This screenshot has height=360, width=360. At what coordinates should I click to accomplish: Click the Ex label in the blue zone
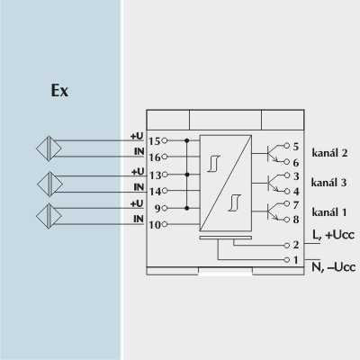point(59,91)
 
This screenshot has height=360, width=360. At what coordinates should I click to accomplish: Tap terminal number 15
point(155,141)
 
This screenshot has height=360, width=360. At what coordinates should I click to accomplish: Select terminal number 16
point(155,157)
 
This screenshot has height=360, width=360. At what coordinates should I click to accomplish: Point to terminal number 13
point(156,175)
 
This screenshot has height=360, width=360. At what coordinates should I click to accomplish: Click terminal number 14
point(156,192)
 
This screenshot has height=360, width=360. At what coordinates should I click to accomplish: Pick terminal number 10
point(155,225)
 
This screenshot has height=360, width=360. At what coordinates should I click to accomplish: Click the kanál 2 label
point(329,153)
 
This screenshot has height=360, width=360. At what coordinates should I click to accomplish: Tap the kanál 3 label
point(328,182)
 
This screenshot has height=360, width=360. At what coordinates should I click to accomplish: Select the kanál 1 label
point(329,212)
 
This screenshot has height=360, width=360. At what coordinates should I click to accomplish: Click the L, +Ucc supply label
point(333,234)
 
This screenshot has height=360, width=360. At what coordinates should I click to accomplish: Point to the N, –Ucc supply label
point(334,266)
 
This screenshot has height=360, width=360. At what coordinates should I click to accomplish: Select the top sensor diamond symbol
point(49,148)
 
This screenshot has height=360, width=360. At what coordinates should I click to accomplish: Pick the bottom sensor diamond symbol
point(49,216)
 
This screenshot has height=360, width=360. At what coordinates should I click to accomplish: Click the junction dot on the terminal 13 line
point(187,175)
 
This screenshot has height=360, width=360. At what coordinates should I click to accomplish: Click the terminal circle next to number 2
point(287,246)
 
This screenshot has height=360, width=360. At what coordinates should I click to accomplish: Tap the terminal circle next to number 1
point(287,260)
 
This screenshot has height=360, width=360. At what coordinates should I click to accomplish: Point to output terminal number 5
point(296,147)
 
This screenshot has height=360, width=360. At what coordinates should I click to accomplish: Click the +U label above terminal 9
point(137,203)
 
